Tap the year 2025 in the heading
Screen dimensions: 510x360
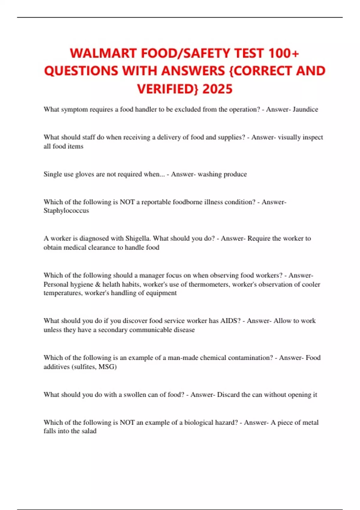(217, 89)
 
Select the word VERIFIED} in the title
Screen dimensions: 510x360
(168, 89)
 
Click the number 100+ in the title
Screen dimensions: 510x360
(283, 53)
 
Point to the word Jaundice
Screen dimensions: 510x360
(305, 109)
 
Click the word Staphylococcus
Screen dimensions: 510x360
(66, 211)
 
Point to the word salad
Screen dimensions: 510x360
(89, 431)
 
